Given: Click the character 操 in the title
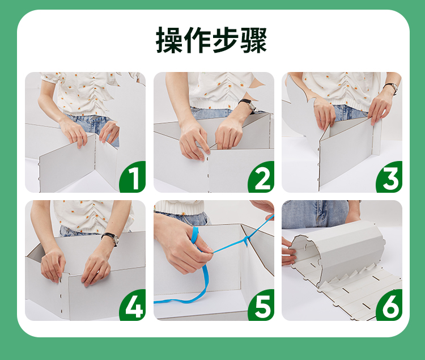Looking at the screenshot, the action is coord(169,40).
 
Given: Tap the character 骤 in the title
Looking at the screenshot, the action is coord(254,40).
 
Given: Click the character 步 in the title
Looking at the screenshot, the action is coord(226,40).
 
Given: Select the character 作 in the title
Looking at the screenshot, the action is coord(198,40).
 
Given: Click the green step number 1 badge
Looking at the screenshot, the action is coord(133,177).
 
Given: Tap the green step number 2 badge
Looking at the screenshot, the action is coord(261,177).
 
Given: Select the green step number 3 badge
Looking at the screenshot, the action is coord(389,177).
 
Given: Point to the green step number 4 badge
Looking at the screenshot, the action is coord(133,305).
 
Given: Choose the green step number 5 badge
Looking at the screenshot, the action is coord(261,305).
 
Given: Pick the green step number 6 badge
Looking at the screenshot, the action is coord(389,305).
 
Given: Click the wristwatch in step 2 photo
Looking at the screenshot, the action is coord(248,105).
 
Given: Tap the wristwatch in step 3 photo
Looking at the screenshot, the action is coord(391,88).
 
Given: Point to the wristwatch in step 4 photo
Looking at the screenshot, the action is coord(111,239).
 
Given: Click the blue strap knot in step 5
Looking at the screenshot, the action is coord(246,240).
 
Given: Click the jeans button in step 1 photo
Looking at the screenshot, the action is coord(94,118).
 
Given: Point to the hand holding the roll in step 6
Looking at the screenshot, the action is coord(288,252).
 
